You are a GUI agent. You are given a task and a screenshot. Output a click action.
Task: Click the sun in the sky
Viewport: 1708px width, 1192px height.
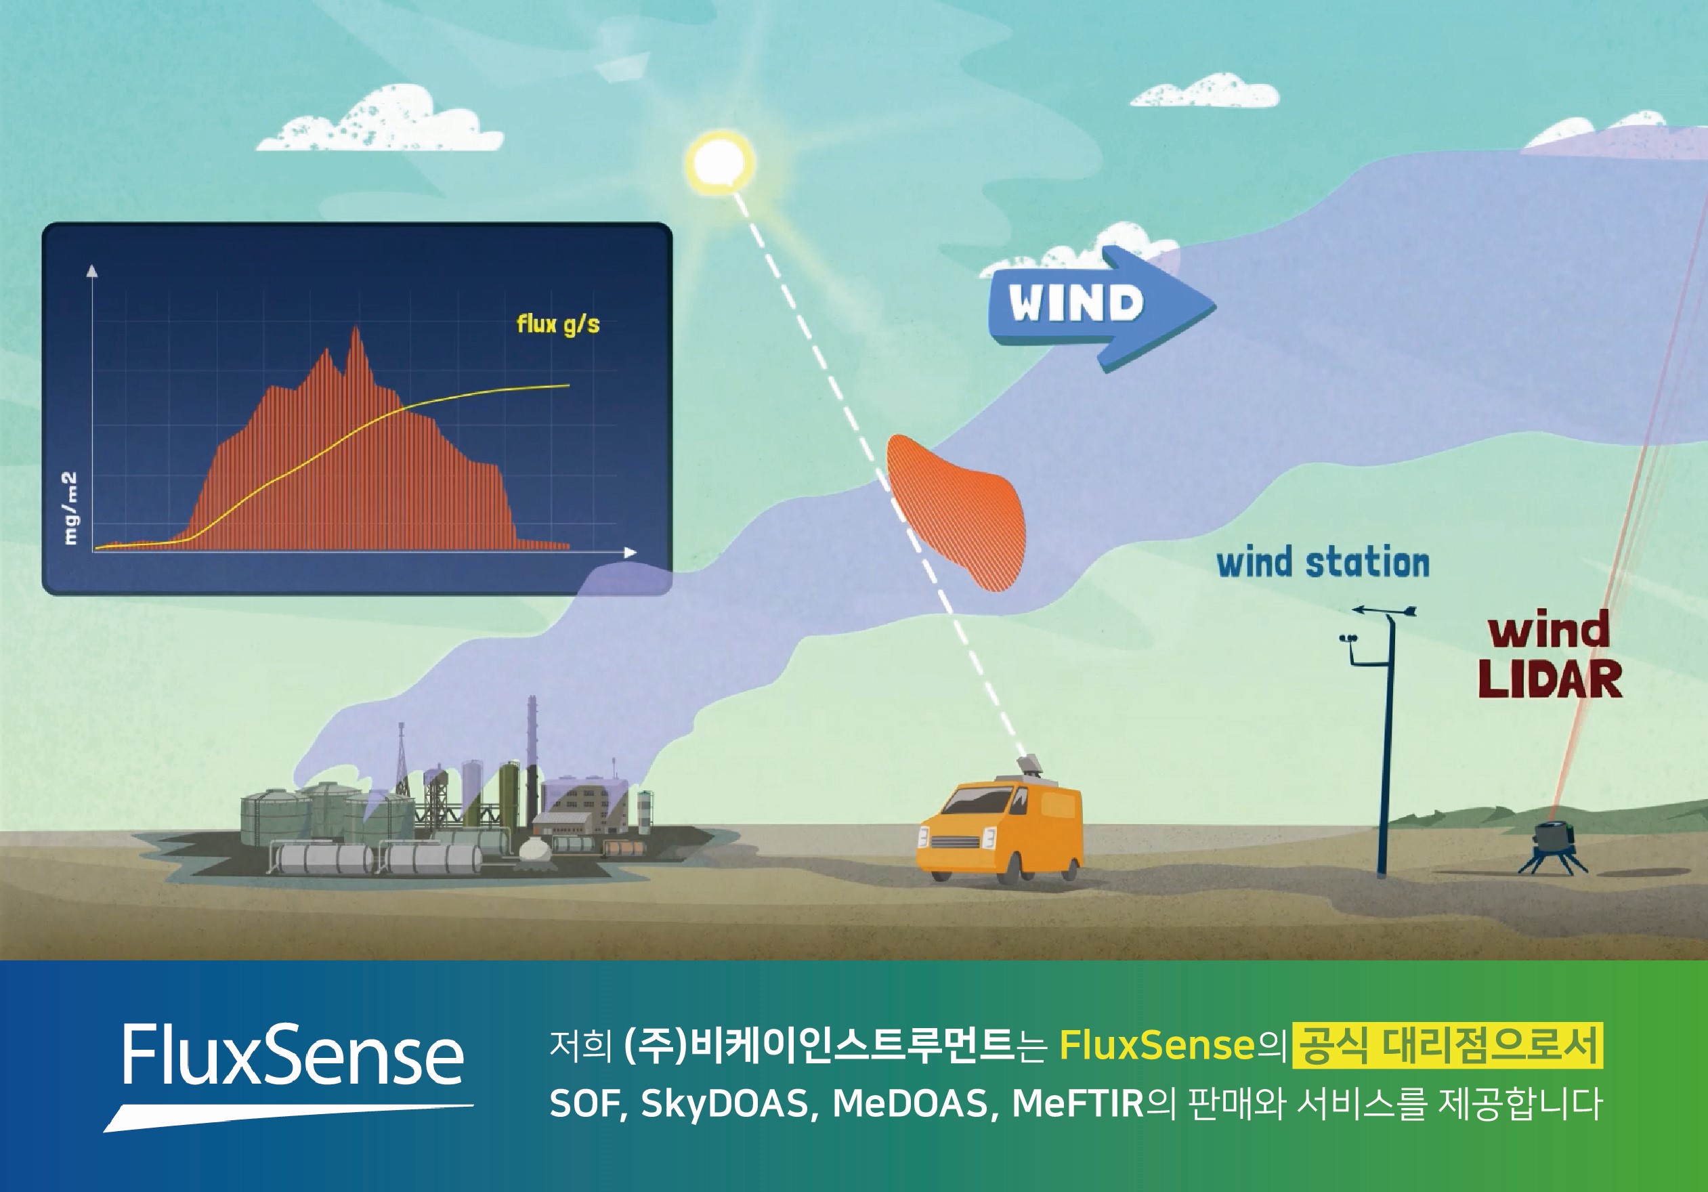tap(719, 163)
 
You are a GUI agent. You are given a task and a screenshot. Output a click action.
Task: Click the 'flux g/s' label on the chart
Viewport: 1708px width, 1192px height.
tap(558, 324)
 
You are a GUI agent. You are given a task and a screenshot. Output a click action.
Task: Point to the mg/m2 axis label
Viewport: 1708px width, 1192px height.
tap(70, 508)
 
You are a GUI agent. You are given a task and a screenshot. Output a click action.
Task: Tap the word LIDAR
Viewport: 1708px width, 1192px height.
tap(1550, 679)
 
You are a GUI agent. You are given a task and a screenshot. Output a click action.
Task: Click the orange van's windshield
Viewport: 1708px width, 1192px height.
tap(982, 805)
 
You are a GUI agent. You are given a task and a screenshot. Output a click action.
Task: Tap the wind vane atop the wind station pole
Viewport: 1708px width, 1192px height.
tap(1384, 611)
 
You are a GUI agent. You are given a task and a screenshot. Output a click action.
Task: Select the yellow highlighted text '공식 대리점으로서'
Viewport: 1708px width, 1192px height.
tap(1448, 1046)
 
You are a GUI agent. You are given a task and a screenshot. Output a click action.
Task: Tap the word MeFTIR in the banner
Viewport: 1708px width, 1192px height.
tap(1078, 1103)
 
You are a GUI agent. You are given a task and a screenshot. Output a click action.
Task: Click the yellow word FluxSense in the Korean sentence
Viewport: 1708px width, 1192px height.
tap(1157, 1046)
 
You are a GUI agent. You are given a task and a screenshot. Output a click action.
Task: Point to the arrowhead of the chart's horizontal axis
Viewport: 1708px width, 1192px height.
tap(631, 552)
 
